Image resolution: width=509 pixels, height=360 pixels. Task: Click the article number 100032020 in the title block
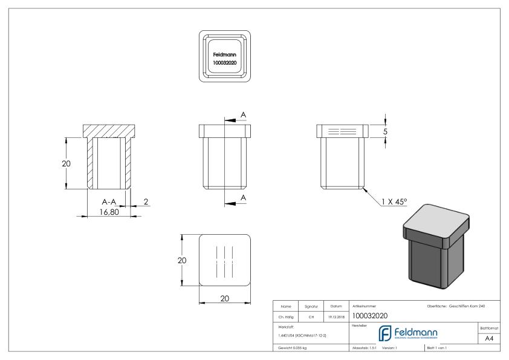[369, 316]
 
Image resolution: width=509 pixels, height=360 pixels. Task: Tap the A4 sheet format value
[490, 339]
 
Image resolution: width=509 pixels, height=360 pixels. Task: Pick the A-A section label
[109, 201]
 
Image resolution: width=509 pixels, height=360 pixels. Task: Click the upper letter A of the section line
[243, 114]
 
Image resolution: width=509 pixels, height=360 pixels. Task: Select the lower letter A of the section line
[243, 198]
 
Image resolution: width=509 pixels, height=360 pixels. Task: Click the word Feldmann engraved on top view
[224, 54]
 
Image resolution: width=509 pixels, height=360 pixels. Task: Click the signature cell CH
[311, 316]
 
